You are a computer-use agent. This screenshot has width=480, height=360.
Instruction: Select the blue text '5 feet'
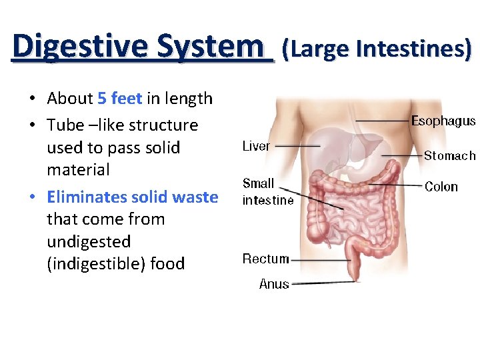click(119, 99)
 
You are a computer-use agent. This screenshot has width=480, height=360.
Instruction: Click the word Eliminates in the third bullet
click(87, 197)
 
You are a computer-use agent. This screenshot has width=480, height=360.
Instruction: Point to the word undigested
click(89, 241)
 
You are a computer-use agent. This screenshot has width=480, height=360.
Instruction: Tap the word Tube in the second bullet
click(63, 125)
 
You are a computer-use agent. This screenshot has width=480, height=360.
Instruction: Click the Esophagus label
click(443, 121)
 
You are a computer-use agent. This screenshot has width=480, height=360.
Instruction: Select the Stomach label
click(450, 155)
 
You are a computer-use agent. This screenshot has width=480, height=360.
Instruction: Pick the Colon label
click(441, 187)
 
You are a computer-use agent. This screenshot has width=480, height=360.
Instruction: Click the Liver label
click(256, 146)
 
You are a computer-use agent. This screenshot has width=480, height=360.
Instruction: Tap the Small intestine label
click(267, 191)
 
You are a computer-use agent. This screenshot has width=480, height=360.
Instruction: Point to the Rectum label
click(265, 259)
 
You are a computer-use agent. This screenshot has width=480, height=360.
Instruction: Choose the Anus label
click(274, 284)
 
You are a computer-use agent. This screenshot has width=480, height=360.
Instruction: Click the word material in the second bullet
click(78, 169)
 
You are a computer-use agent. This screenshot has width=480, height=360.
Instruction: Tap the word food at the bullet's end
click(167, 263)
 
